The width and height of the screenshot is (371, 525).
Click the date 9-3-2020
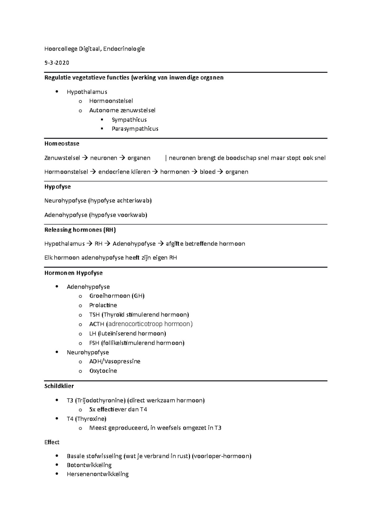point(57,63)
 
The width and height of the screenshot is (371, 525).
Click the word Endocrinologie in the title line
point(124,49)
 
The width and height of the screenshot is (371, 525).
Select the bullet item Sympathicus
point(129,120)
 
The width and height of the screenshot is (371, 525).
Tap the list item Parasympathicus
point(135,129)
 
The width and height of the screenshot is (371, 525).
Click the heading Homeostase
point(62,143)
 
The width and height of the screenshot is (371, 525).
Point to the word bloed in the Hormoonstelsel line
point(207,172)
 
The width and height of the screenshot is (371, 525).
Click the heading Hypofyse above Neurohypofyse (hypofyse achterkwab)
point(58,187)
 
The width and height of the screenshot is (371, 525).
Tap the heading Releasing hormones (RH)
point(80,230)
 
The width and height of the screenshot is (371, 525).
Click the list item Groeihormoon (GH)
point(117,296)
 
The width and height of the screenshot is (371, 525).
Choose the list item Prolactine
point(103,305)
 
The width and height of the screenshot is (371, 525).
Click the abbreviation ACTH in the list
point(96,324)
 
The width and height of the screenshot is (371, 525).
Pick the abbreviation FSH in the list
point(94,343)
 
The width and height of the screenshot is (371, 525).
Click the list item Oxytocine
point(103,371)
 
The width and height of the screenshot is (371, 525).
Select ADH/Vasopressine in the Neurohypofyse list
point(115,361)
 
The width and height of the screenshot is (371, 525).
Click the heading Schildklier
point(59,386)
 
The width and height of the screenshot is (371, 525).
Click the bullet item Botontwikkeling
point(89,465)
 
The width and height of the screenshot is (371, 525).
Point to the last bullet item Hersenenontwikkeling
point(97,474)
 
